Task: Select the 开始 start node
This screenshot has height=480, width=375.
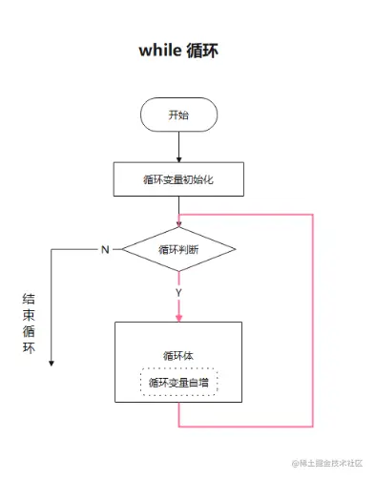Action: pos(178,115)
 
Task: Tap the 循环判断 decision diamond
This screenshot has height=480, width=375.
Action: pos(178,249)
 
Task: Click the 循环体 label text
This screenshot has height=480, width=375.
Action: pos(178,355)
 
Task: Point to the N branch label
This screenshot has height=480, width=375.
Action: pos(105,249)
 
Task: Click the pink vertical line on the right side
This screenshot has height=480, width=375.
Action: pos(312,320)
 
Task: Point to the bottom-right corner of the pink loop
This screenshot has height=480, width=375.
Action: pos(312,425)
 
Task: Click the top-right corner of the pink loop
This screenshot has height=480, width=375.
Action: pos(312,215)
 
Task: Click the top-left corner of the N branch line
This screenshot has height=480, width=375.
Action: pos(52,249)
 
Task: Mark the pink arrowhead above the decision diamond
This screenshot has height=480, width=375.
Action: pos(178,224)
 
